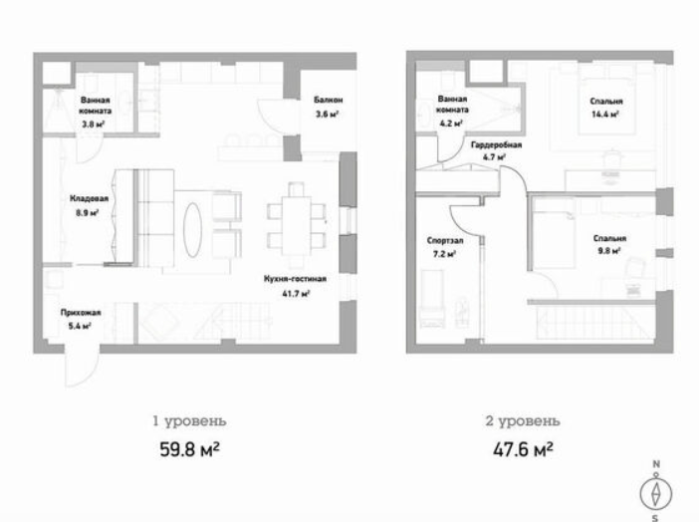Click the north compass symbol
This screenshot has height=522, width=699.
point(655,492)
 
